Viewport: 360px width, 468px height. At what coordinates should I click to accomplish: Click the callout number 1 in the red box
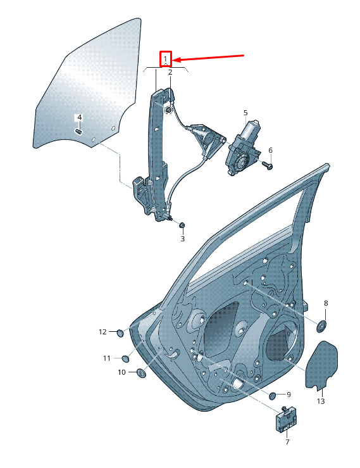point(165,59)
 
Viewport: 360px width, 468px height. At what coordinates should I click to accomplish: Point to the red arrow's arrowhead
point(175,60)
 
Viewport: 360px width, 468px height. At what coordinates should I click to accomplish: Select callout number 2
point(170,72)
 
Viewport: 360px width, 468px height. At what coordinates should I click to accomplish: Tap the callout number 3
point(182,239)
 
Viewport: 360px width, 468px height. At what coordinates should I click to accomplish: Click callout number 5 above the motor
point(245,113)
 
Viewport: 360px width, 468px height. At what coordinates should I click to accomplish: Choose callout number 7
point(287,442)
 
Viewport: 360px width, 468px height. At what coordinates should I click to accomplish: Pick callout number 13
point(321,401)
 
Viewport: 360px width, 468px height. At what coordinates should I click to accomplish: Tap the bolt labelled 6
point(268,165)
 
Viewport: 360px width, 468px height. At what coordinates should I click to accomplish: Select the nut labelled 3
point(182,225)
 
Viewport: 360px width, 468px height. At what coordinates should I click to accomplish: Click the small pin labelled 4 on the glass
point(79,131)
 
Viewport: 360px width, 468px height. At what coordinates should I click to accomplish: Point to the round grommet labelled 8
point(321,326)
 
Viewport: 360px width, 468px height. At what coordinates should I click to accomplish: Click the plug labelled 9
point(273,396)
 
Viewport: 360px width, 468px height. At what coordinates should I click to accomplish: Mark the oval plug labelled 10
point(141,373)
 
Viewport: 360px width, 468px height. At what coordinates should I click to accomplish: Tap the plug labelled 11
point(125,359)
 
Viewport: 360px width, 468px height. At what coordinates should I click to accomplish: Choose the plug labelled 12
point(120,333)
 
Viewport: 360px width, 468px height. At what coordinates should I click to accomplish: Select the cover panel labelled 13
point(322,365)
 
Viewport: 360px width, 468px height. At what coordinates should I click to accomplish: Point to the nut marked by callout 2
point(168,110)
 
